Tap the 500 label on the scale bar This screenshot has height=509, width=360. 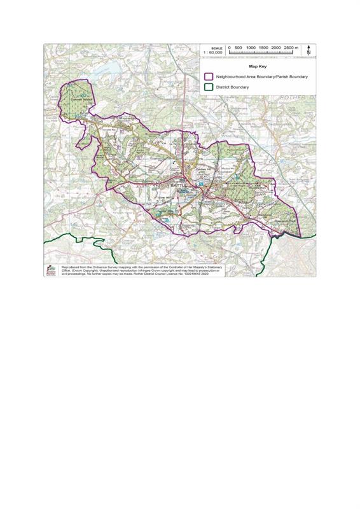239,48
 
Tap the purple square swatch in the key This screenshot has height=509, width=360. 208,76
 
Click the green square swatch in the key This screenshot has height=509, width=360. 208,87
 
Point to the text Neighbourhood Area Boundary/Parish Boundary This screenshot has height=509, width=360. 262,76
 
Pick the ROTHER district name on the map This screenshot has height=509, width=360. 298,97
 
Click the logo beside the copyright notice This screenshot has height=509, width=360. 50,272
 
